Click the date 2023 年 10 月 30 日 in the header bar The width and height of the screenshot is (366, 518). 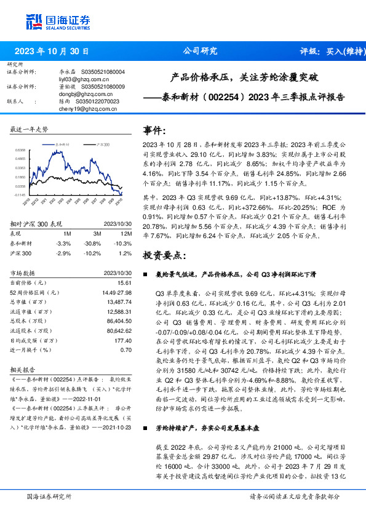point(52,52)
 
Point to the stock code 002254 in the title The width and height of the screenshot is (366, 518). point(230,97)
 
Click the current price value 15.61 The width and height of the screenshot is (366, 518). point(124,282)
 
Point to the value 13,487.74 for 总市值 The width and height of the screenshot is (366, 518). point(120,303)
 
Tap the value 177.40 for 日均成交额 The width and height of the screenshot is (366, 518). point(123,340)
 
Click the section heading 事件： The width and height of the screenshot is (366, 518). point(154,130)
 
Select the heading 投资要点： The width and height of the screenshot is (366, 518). point(164,253)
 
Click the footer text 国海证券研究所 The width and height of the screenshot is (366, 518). point(49,496)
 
